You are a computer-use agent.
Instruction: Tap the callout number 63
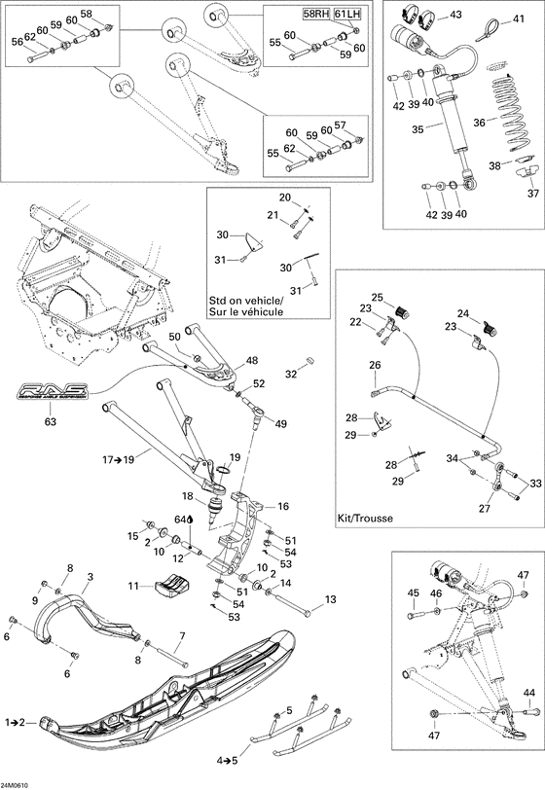click(51, 421)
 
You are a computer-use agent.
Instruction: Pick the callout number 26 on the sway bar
click(375, 367)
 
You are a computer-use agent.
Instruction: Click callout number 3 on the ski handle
click(91, 577)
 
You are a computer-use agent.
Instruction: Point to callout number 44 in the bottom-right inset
click(528, 692)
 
